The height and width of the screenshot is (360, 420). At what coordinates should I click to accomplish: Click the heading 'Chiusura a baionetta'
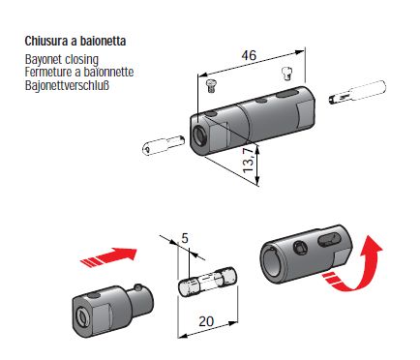click(75, 42)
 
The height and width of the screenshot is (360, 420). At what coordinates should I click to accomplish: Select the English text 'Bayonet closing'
click(62, 60)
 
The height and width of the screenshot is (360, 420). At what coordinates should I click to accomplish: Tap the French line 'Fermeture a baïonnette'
click(79, 72)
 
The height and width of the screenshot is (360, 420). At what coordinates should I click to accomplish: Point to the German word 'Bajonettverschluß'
click(67, 85)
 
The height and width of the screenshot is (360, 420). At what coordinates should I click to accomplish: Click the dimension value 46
click(249, 55)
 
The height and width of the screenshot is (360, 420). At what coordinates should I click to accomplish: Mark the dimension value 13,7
click(249, 160)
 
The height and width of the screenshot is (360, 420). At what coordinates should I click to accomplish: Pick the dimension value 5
click(185, 238)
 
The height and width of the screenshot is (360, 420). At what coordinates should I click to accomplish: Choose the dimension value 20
click(206, 321)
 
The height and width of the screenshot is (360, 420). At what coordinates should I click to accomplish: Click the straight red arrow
click(108, 256)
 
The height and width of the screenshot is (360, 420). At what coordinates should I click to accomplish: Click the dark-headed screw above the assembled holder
click(211, 86)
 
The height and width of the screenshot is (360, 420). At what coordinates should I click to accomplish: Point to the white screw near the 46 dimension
click(286, 74)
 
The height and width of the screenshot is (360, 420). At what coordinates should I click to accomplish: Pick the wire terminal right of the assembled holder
click(357, 92)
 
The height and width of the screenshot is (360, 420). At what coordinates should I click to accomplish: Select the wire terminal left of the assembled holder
click(164, 144)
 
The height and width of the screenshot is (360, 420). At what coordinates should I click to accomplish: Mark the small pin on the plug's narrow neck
click(138, 286)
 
